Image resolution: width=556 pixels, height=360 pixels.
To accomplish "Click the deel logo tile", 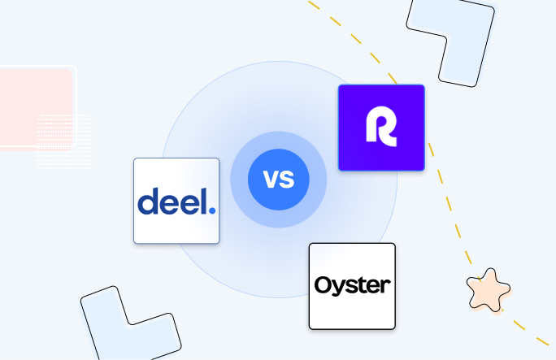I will [176, 201].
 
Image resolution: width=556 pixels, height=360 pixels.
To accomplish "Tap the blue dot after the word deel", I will [212, 210].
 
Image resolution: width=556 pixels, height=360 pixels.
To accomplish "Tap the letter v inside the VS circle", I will [269, 178].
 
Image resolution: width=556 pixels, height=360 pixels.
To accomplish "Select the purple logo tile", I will [381, 128].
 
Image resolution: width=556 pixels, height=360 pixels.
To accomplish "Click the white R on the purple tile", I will [381, 128].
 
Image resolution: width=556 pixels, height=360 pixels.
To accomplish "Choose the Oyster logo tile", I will [352, 286].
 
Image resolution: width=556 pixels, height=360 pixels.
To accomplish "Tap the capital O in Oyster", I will [322, 286].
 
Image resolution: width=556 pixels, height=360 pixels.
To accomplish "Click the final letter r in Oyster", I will [385, 287].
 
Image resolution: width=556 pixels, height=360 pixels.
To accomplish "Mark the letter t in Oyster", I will [363, 285].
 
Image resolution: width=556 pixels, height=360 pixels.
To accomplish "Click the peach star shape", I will [489, 290].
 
